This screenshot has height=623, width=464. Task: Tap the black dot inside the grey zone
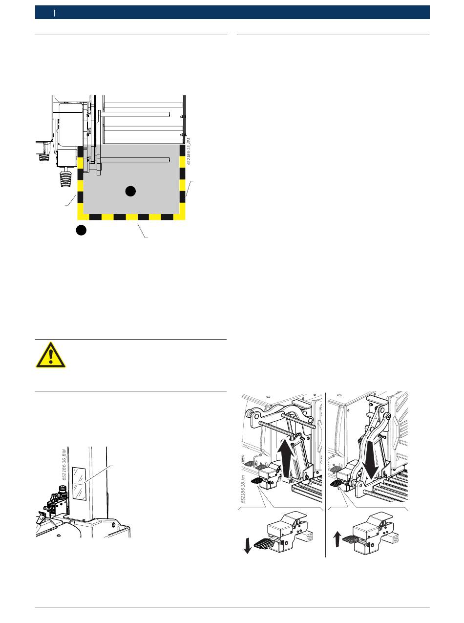(130, 191)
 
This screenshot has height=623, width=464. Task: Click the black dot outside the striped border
(82, 230)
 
